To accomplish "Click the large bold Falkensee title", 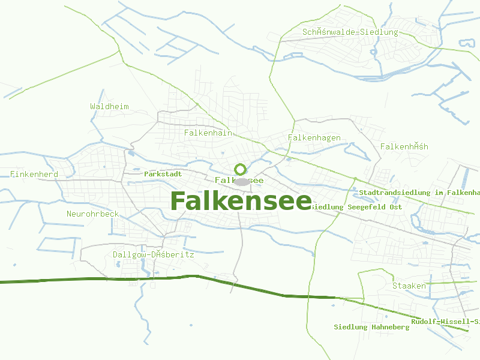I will (x=241, y=201).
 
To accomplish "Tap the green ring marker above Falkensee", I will (x=241, y=170).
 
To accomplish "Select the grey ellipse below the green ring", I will (x=241, y=181).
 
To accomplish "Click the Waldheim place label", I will (x=109, y=107).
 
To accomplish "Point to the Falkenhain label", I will (x=208, y=133).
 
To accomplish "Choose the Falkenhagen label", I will (x=314, y=138).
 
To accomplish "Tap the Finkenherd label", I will (x=34, y=175).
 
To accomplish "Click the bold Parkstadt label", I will (x=163, y=174).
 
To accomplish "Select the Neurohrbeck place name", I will (x=92, y=214).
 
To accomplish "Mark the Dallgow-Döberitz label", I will (x=153, y=255).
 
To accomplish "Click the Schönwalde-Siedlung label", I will (x=350, y=32).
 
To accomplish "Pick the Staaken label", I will (x=409, y=286).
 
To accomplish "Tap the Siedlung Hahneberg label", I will (x=371, y=328).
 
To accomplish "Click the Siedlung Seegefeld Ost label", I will (x=356, y=208).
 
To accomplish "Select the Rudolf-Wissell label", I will (x=445, y=322).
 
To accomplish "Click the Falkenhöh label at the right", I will (x=404, y=147).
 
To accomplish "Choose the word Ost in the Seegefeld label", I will (x=395, y=208).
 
